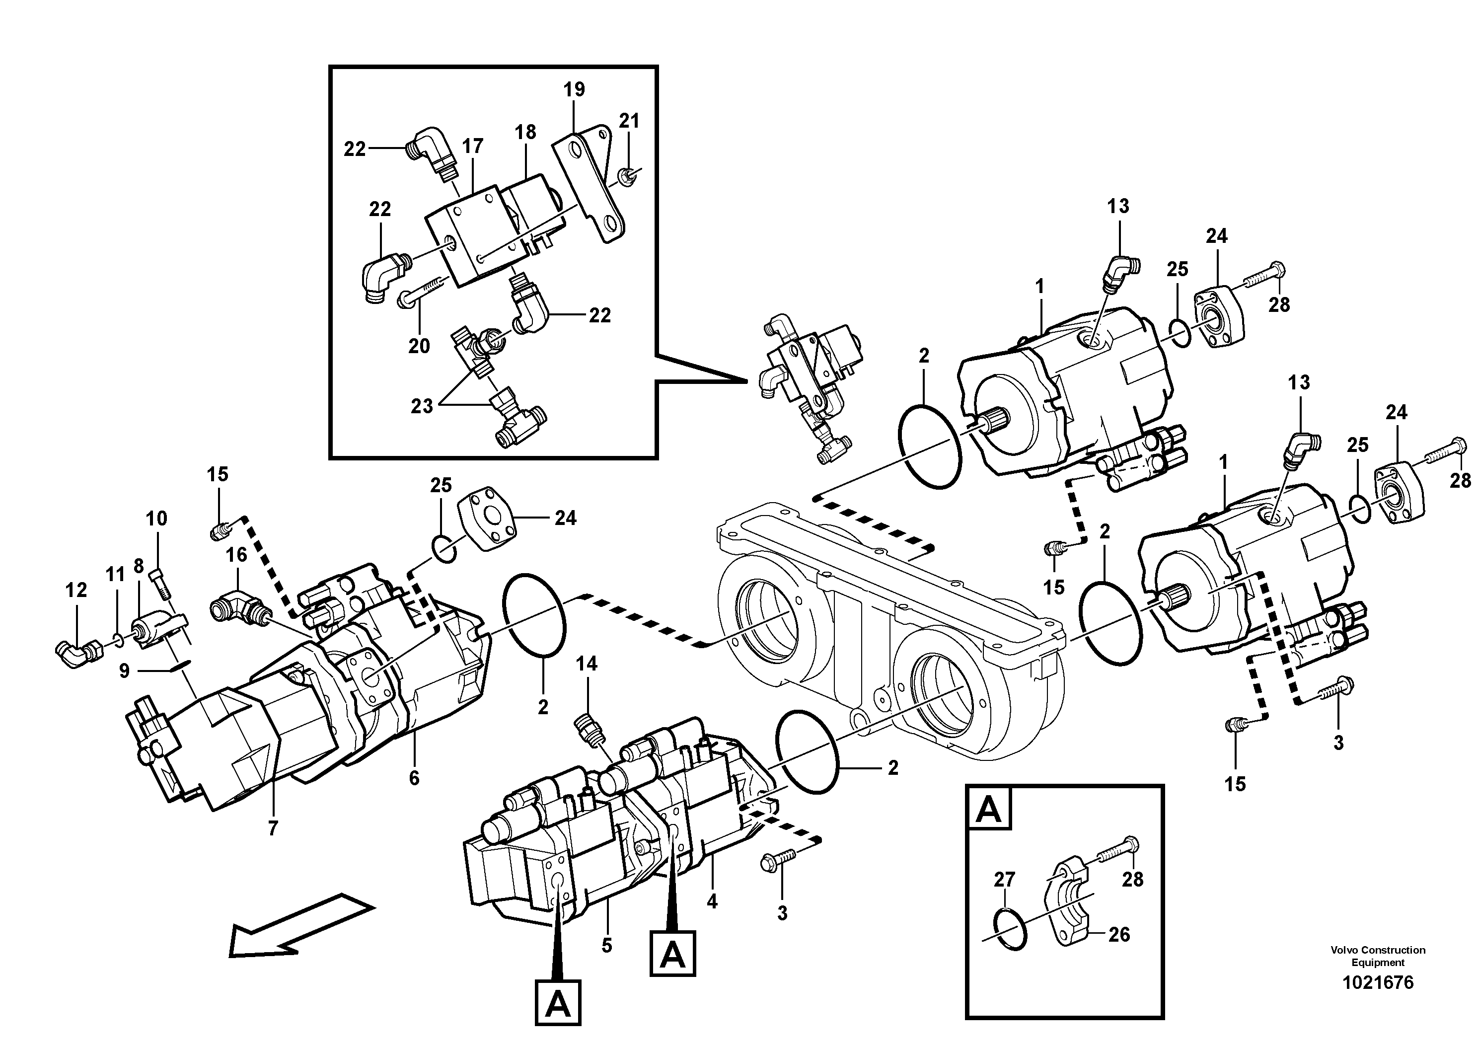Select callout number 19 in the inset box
pyautogui.click(x=574, y=89)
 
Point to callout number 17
pyautogui.click(x=472, y=147)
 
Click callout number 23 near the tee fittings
pyautogui.click(x=422, y=406)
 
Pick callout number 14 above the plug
pyautogui.click(x=587, y=664)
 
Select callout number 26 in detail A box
pyautogui.click(x=1119, y=934)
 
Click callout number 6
pyautogui.click(x=414, y=778)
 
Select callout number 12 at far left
pyautogui.click(x=76, y=590)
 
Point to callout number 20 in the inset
pyautogui.click(x=419, y=346)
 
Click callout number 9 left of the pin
pyautogui.click(x=124, y=671)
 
